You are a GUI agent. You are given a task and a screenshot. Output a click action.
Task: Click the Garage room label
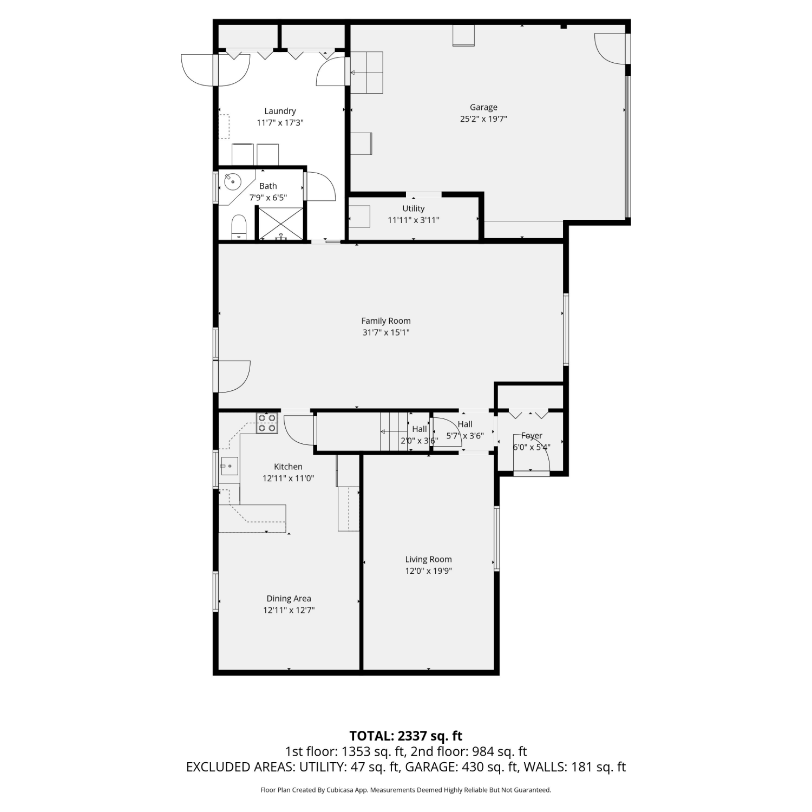[483, 107]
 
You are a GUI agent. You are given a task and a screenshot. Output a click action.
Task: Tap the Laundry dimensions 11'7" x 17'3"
[280, 123]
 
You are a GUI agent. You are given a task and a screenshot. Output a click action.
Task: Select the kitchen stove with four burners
[267, 423]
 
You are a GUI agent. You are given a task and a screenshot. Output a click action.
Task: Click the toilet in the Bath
[239, 227]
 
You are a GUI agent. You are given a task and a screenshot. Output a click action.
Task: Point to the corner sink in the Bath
[233, 182]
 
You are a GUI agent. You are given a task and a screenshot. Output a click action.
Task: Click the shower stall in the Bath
[279, 223]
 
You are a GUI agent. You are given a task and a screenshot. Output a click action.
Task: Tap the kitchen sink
[229, 466]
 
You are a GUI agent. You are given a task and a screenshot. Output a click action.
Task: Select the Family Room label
[386, 320]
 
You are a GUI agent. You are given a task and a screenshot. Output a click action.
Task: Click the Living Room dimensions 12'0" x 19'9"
[428, 571]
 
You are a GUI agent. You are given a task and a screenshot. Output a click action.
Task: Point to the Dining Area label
[289, 598]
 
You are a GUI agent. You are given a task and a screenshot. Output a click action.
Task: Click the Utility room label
[414, 208]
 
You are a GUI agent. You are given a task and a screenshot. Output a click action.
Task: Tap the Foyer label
[532, 435]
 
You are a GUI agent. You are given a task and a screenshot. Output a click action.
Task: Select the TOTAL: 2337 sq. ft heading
[406, 736]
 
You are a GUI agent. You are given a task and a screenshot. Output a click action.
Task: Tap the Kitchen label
[288, 466]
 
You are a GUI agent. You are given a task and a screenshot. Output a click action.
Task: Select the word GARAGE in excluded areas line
[430, 767]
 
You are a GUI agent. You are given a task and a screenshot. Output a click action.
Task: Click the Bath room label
[268, 186]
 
